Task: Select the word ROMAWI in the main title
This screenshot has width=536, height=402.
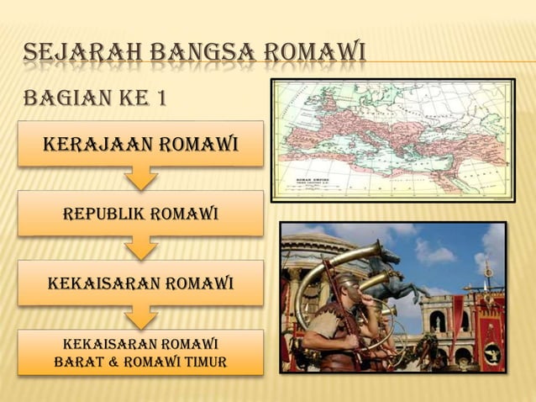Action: point(314,55)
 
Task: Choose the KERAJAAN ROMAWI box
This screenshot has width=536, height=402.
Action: point(140,145)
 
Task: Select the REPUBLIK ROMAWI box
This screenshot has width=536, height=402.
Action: point(140,214)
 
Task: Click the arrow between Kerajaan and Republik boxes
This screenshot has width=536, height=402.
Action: point(140,177)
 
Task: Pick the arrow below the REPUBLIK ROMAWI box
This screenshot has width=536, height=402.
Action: point(140,247)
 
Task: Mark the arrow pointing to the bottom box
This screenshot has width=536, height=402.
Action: point(140,316)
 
